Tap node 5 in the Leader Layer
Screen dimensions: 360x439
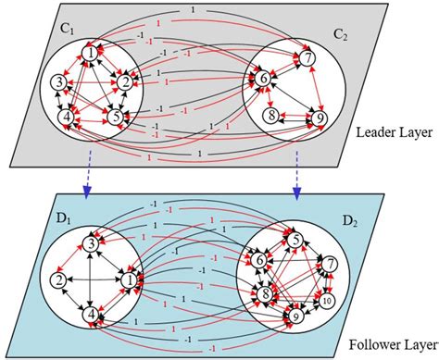pos(115,117)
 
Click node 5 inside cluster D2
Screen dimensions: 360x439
pos(295,239)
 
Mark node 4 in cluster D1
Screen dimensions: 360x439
pos(91,315)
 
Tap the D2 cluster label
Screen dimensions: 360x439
pos(353,222)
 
